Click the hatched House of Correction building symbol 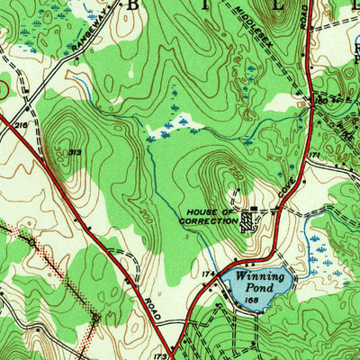point(248,221)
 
